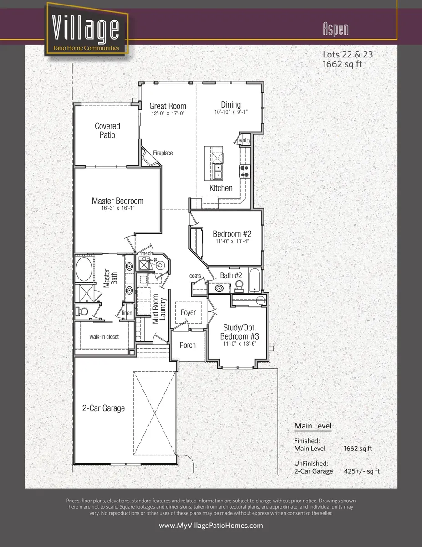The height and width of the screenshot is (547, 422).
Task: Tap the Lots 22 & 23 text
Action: [x=347, y=54]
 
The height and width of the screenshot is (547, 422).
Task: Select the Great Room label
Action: [x=168, y=106]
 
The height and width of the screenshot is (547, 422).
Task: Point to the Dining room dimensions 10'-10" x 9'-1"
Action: [x=231, y=112]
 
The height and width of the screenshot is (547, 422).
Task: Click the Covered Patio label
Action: [x=107, y=130]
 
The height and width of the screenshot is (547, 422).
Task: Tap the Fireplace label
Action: [x=163, y=153]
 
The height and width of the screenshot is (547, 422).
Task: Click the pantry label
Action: [x=244, y=140]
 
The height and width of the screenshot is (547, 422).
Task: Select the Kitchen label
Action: [x=221, y=188]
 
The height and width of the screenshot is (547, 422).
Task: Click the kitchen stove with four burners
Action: [x=244, y=171]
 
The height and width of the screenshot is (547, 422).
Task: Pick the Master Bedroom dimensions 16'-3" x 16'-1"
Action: [x=117, y=208]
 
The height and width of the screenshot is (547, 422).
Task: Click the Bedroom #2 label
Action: [x=232, y=234]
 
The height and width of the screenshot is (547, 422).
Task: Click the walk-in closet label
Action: [x=104, y=337]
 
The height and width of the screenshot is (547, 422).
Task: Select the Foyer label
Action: [x=188, y=312]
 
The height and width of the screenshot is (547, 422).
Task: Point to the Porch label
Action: [x=188, y=345]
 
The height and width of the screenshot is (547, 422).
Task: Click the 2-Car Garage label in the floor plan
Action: [x=103, y=408]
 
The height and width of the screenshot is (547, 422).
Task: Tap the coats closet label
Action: [x=195, y=276]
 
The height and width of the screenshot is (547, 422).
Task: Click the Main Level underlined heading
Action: [x=312, y=426]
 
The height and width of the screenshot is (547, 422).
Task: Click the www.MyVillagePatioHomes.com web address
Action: [x=211, y=526]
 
